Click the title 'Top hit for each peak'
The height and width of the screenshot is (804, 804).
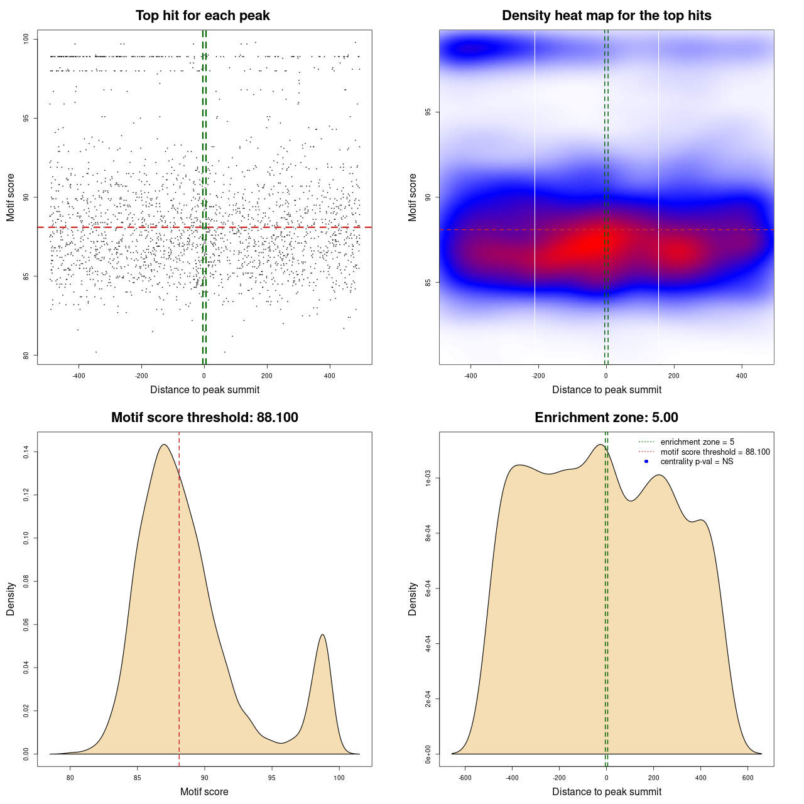coord(202,16)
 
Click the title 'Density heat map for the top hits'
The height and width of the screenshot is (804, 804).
coord(606,16)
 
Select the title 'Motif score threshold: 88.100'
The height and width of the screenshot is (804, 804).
coord(204,418)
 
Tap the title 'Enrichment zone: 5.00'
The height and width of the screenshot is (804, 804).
coord(606,418)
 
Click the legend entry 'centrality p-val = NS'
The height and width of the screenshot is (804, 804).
coord(697,462)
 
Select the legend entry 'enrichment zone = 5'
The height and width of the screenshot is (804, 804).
coord(697,442)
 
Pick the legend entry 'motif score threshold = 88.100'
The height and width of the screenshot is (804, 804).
coord(715,452)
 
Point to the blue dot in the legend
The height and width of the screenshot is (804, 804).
coord(646,462)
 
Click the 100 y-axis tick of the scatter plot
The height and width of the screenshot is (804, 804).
coord(26,40)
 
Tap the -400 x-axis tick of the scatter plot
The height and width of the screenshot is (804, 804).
coord(79,376)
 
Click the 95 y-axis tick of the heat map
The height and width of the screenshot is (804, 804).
coord(428,112)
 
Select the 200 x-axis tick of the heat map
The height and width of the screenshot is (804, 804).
coord(674,376)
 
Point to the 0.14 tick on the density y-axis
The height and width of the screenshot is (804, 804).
coord(26,452)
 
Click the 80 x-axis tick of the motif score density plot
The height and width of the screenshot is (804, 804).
coord(70,778)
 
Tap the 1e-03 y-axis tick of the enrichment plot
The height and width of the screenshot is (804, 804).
coord(428,479)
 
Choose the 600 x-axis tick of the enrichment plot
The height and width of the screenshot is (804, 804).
coord(747,778)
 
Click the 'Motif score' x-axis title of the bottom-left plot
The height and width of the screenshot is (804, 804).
coord(204,791)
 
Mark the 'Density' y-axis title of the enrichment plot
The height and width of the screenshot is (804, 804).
coord(413,599)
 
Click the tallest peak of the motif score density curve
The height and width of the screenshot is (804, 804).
coord(164,445)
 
